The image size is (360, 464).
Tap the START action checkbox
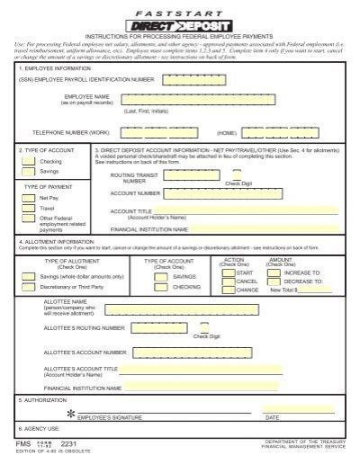(x=227, y=272)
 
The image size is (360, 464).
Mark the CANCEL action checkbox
(x=227, y=281)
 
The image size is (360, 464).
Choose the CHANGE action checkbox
(x=227, y=290)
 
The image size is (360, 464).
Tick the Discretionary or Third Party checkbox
(x=30, y=287)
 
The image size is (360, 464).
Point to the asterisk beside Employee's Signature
(x=71, y=413)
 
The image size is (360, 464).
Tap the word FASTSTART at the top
(x=179, y=12)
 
